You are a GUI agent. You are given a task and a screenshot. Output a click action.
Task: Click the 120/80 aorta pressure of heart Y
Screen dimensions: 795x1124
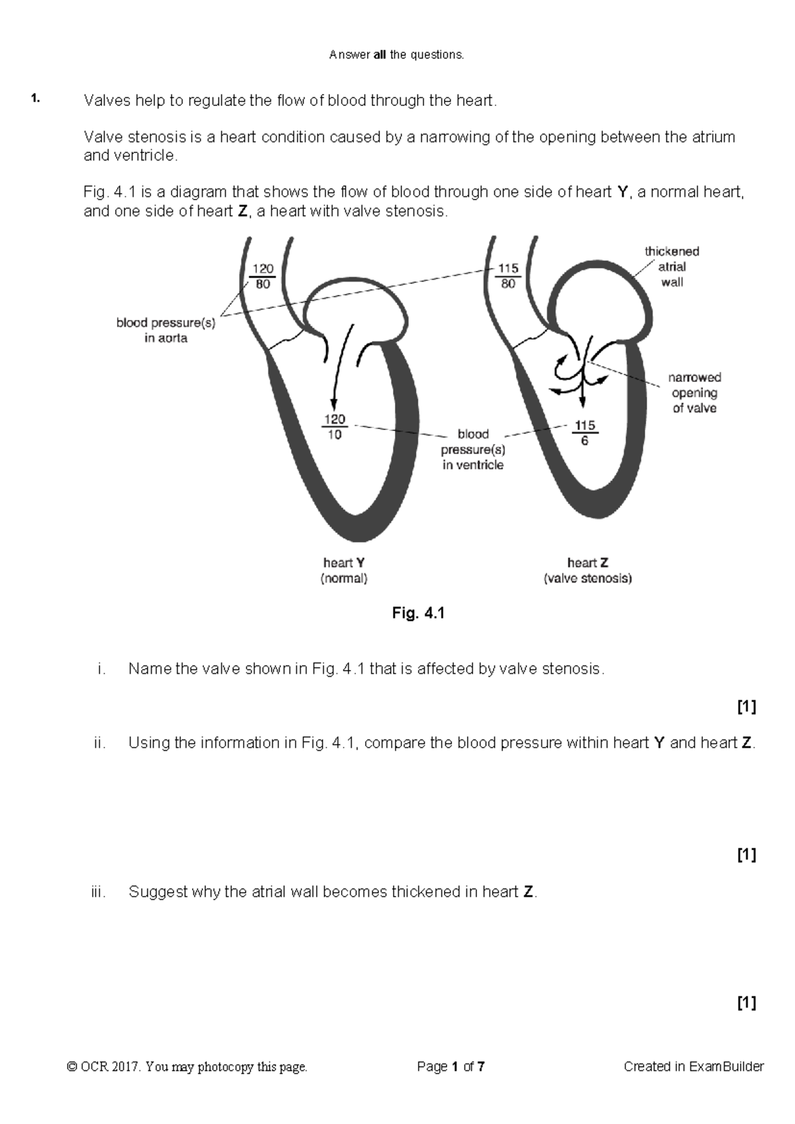[x=262, y=276]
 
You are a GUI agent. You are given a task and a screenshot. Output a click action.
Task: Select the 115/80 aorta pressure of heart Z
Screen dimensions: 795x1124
[x=507, y=276]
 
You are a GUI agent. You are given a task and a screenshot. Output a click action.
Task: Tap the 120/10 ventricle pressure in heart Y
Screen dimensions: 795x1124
[x=335, y=427]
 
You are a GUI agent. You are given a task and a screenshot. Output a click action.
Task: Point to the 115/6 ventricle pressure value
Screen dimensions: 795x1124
[x=584, y=433]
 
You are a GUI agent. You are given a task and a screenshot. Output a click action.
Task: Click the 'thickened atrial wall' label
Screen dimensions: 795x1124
[x=672, y=267]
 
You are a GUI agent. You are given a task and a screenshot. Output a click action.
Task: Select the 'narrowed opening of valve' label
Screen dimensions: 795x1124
[x=694, y=393]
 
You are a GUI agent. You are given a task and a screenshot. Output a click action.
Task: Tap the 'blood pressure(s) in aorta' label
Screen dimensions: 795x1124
[x=166, y=331]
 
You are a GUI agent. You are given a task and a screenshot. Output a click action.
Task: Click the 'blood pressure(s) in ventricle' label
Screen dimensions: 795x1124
[x=473, y=449]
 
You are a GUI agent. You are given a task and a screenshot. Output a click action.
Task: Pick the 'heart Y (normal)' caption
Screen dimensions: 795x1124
[x=344, y=570]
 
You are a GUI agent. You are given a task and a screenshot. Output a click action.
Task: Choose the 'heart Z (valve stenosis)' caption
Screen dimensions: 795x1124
[x=588, y=570]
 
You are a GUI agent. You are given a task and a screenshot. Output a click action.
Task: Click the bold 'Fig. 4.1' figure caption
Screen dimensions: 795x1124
[x=418, y=614]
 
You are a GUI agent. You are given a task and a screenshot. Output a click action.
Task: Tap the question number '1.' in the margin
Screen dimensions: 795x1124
[x=35, y=100]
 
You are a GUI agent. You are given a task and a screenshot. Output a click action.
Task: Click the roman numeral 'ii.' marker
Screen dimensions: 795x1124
[x=100, y=743]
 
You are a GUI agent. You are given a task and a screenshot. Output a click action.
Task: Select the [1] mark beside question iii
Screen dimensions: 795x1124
[x=747, y=1003]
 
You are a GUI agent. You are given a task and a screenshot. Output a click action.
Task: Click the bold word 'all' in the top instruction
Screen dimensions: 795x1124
[x=380, y=55]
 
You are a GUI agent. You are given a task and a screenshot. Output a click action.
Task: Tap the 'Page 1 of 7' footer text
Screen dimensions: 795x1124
[x=450, y=1067]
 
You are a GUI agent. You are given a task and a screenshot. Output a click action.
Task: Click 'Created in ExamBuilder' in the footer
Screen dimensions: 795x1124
[x=694, y=1067]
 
